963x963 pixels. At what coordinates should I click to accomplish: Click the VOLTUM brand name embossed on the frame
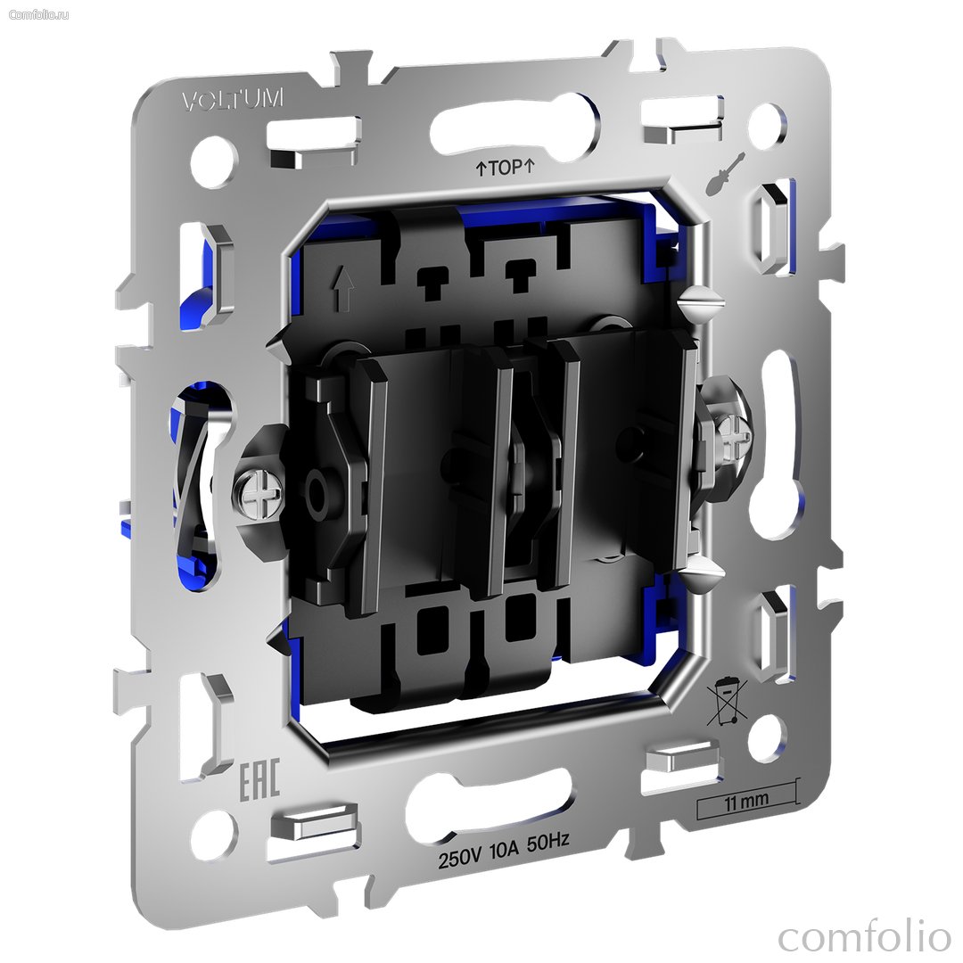pyautogui.click(x=234, y=100)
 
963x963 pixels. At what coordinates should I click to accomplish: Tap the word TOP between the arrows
pyautogui.click(x=506, y=168)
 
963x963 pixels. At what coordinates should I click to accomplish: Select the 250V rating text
pyautogui.click(x=459, y=860)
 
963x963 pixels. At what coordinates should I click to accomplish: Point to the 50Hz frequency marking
pyautogui.click(x=547, y=841)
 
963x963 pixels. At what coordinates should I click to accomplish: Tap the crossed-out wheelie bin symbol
pyautogui.click(x=726, y=704)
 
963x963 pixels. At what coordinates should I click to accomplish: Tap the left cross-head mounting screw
pyautogui.click(x=258, y=496)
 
